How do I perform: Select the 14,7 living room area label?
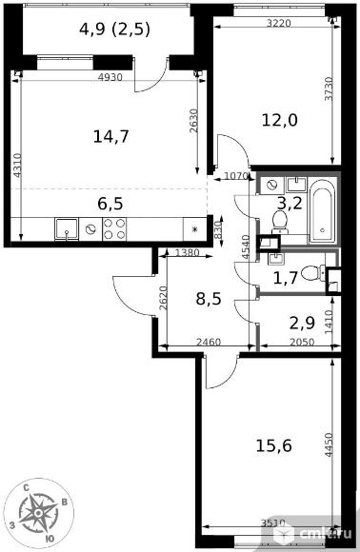click(x=111, y=137)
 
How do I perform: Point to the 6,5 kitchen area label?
click(x=110, y=204)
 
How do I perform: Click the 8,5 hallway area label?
click(x=209, y=299)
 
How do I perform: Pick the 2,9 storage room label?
click(x=302, y=323)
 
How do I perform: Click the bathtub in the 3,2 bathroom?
click(x=322, y=211)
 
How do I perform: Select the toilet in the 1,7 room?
click(x=313, y=273)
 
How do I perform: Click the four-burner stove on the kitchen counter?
click(x=114, y=229)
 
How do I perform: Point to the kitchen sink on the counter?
click(x=67, y=229)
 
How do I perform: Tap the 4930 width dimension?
click(x=110, y=77)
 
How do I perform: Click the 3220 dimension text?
click(x=279, y=23)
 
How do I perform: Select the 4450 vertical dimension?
click(x=329, y=445)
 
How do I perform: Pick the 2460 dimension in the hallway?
click(x=209, y=343)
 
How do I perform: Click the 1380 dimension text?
click(x=187, y=252)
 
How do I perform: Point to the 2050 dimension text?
click(x=302, y=343)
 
